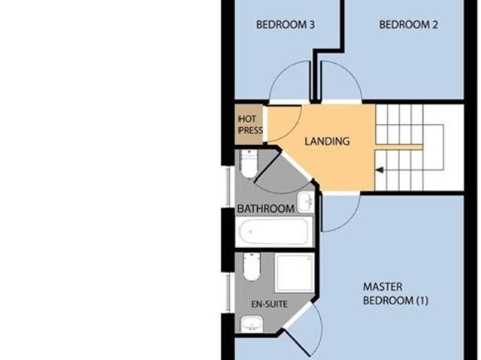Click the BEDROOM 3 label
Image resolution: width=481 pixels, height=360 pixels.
coord(285,25)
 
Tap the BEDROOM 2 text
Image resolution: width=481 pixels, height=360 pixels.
coord(408,25)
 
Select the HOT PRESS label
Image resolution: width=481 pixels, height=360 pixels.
coord(250,125)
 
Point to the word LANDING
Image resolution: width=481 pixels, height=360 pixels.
coord(327,141)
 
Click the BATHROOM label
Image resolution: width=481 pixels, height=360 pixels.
coord(265,208)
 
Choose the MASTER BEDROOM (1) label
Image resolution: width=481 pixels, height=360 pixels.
coord(395,294)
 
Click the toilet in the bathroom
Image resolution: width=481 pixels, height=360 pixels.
coord(249,162)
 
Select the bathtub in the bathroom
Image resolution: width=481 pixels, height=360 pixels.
coord(274,231)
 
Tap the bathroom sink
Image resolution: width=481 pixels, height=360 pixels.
coord(305,201)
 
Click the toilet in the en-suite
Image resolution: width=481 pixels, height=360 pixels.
coord(252,267)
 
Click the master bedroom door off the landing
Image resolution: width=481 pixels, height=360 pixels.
coord(337,213)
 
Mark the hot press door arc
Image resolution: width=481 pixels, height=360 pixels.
coord(282,124)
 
